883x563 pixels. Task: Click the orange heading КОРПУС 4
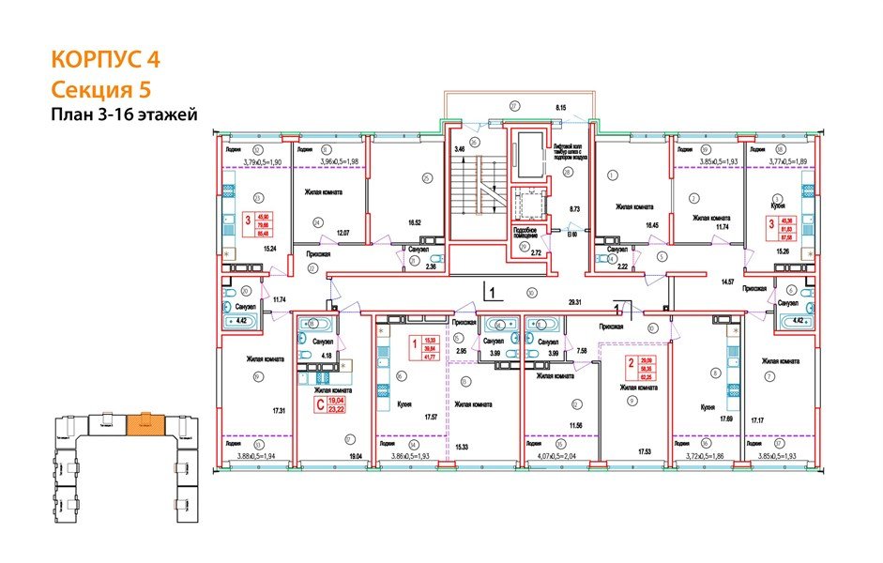tap(104, 60)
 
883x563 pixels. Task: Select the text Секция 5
tap(99, 90)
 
